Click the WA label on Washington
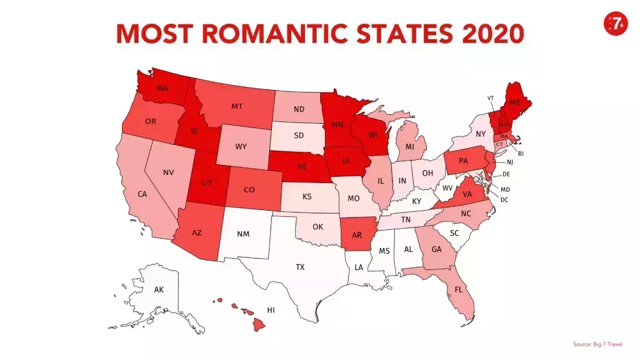(x=162, y=88)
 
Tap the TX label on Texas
(x=300, y=267)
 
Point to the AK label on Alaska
(x=159, y=289)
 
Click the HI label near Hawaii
(x=271, y=310)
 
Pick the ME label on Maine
(x=515, y=102)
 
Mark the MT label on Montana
(x=237, y=106)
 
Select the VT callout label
(x=491, y=98)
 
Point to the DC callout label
(x=504, y=199)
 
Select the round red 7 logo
(x=615, y=23)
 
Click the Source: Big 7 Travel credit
(x=597, y=344)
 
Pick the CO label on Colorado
(x=249, y=189)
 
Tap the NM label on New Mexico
(x=243, y=234)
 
